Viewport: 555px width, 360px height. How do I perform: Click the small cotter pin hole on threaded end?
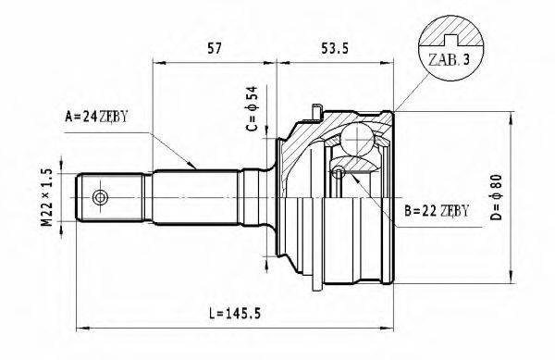[99, 197]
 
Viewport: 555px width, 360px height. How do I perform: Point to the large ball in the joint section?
[354, 141]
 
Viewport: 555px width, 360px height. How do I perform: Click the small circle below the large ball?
[339, 172]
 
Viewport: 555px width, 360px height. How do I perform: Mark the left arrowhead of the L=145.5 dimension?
[80, 326]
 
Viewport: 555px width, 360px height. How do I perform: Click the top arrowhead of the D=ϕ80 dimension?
[512, 117]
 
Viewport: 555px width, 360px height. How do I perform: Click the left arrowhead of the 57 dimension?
[156, 63]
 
